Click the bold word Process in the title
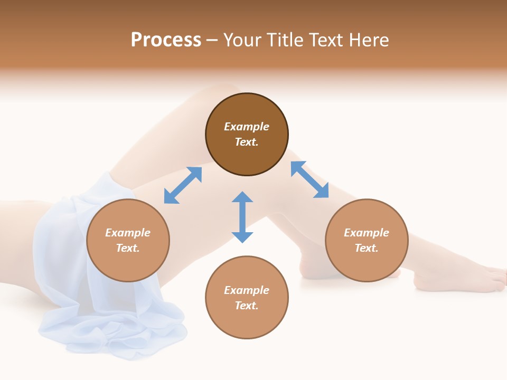166,40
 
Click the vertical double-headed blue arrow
242,217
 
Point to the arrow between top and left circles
183,185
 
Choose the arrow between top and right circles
309,180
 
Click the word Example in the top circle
247,127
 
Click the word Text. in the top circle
247,142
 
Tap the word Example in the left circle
128,233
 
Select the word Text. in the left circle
128,248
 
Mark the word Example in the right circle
367,233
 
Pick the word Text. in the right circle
367,248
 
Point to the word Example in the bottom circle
247,290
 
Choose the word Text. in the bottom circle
247,306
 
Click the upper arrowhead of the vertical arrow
242,197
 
